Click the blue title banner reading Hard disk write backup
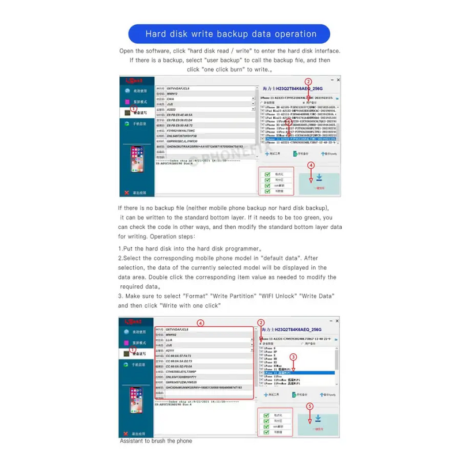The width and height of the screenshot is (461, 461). coord(231,34)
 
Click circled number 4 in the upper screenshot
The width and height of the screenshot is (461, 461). coord(311,165)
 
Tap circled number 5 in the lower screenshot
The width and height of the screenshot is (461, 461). coord(309,406)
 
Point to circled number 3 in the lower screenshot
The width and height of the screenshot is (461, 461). coord(293,357)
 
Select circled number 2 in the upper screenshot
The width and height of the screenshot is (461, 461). coord(308,82)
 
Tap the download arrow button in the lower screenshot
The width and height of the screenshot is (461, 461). coord(318,420)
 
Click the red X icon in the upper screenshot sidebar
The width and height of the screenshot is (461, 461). coord(126,192)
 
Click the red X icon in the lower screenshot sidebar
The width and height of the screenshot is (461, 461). coord(126,433)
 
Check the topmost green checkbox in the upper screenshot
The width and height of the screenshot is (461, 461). coord(267,173)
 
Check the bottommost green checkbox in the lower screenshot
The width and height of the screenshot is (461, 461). coord(267,432)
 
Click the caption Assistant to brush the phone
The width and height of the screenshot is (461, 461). coord(156,441)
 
